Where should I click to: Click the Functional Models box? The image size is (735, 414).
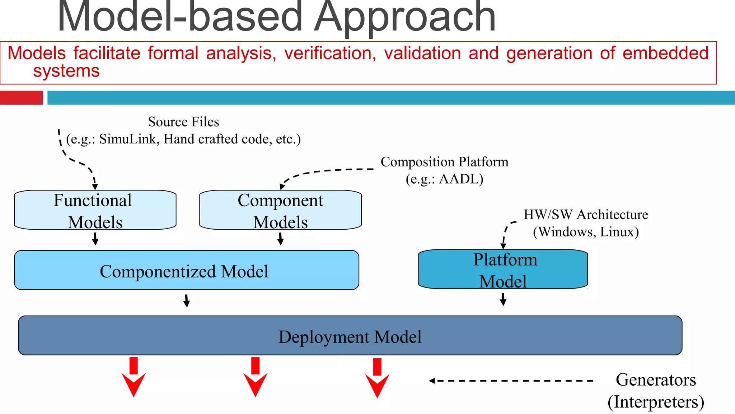pos(95,210)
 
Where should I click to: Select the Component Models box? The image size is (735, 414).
pos(280,210)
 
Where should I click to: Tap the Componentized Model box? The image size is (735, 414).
pos(186,270)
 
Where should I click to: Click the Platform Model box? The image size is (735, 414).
pos(503,270)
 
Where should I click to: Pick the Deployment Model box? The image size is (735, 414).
pos(350,336)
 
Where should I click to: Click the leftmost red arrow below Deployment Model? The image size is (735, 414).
pos(134,377)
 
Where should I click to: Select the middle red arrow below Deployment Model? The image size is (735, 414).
pos(255,377)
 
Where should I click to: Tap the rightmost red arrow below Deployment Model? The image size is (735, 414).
pos(377,378)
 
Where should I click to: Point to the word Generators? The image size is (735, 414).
pos(656,379)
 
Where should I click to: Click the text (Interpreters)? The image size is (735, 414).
pos(656,402)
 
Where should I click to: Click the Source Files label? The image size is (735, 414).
pos(183,122)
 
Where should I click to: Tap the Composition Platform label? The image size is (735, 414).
pos(444,162)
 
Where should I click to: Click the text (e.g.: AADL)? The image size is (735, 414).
pos(444,179)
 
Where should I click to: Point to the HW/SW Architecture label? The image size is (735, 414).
pos(586,215)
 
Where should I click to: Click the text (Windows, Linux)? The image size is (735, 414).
pos(586,232)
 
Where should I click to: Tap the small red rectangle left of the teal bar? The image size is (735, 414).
pos(21,98)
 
